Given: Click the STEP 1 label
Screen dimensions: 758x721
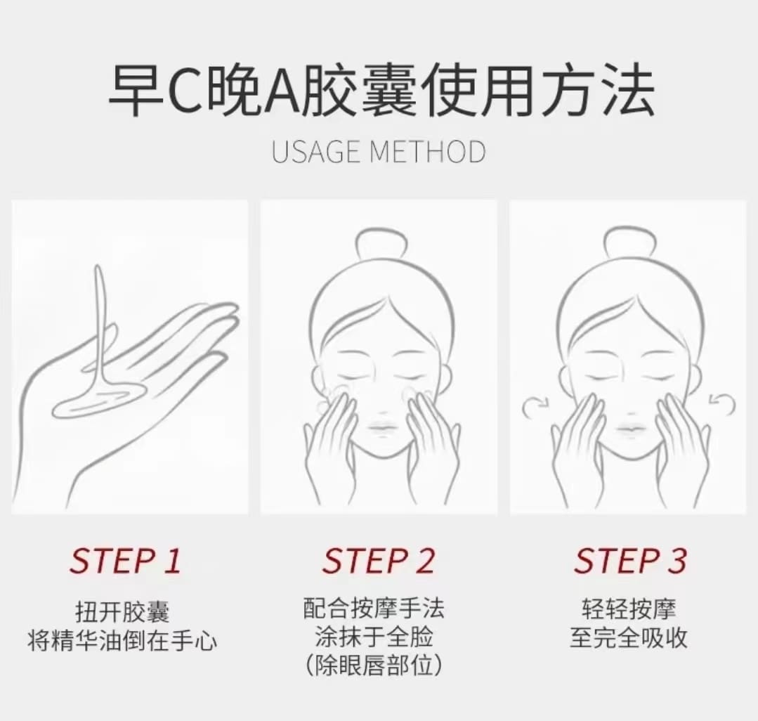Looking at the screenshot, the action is click(x=125, y=561).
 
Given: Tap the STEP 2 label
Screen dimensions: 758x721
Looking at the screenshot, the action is click(x=379, y=561).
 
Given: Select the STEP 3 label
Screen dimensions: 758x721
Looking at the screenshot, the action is click(x=630, y=561).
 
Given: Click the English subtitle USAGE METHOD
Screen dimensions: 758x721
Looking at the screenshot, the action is click(x=379, y=151).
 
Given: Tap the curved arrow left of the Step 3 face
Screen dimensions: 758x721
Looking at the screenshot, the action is click(x=535, y=406).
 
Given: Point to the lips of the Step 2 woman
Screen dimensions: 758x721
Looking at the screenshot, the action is click(x=382, y=427).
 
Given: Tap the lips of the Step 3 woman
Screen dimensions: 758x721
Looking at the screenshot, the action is click(x=631, y=427).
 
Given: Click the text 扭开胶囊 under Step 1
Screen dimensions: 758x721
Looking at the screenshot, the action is click(x=122, y=611).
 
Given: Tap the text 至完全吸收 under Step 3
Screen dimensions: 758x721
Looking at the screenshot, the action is click(x=629, y=637).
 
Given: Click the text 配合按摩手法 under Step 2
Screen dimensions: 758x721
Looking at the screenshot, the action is click(x=374, y=609).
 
